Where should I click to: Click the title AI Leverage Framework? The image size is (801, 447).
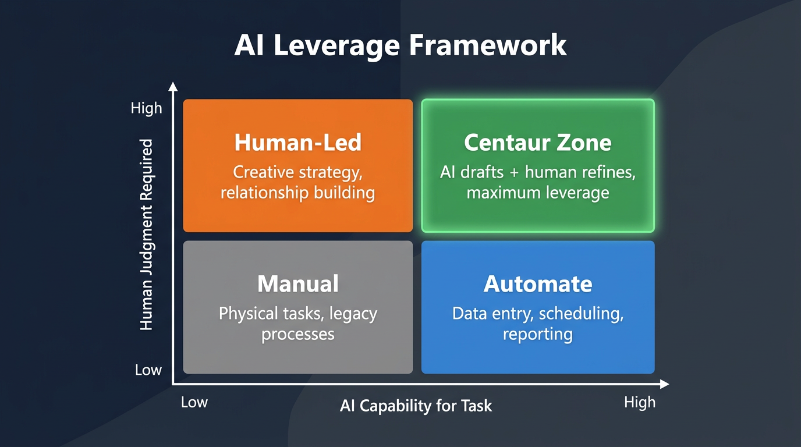tap(400, 45)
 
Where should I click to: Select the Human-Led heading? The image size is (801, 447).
tap(297, 143)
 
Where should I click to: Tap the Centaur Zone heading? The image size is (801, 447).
tap(537, 143)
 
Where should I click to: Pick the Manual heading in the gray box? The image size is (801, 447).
tap(297, 284)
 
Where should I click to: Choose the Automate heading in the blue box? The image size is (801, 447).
tap(537, 284)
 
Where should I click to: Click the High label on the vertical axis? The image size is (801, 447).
tap(147, 108)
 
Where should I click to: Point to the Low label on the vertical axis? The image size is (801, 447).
tap(148, 370)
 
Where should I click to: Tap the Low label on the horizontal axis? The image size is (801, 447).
tap(194, 402)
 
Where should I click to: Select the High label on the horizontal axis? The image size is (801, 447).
tap(639, 402)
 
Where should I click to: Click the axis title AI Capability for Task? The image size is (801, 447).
tap(416, 406)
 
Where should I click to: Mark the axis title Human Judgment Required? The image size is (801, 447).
tap(147, 235)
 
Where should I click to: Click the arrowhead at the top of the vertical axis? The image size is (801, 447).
tap(172, 87)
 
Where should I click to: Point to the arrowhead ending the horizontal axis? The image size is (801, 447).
tap(664, 384)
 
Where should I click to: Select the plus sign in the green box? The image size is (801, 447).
tap(516, 173)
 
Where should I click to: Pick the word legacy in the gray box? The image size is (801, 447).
tap(353, 314)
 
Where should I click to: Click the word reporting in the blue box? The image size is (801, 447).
tap(537, 335)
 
